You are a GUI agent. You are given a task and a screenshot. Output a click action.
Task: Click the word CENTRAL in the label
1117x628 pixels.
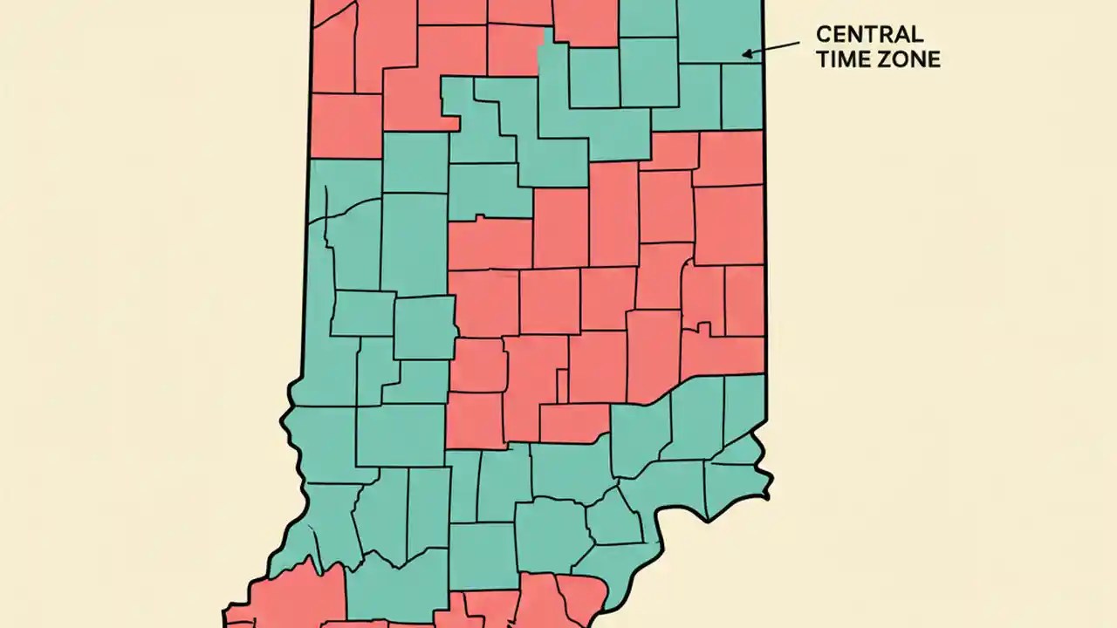coord(869,35)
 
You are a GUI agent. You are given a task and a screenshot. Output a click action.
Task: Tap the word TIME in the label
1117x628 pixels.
coord(840,59)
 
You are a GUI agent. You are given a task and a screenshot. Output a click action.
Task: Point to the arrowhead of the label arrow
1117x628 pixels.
coord(744,54)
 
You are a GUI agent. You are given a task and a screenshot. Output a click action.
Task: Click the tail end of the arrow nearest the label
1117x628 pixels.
coord(798,43)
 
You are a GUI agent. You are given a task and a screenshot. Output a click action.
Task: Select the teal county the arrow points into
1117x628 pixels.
coord(720,31)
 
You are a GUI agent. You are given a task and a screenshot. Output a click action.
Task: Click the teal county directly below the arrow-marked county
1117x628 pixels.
coord(742,96)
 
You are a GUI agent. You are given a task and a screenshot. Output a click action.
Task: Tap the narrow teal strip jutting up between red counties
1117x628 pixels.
coord(547,52)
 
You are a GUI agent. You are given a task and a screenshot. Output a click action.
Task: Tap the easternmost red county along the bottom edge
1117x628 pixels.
coord(580,602)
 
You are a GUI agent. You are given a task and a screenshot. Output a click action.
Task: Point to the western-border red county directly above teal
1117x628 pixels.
coord(346,126)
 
